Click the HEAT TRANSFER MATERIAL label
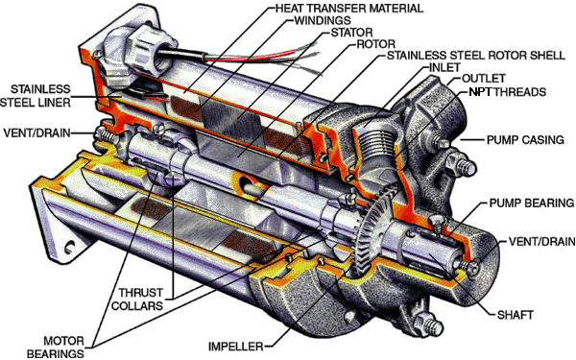[x=349, y=8]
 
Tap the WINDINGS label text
[x=323, y=20]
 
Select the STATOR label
[x=352, y=33]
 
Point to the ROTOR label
[x=376, y=44]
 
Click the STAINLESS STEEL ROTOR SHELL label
[x=476, y=56]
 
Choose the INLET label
[x=444, y=67]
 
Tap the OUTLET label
[x=484, y=79]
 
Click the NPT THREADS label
[x=508, y=91]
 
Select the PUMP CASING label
[x=525, y=140]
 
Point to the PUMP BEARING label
[x=532, y=203]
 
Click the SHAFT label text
[x=515, y=315]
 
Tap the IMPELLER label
[x=236, y=347]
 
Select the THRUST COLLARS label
[x=137, y=299]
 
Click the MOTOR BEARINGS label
[x=56, y=348]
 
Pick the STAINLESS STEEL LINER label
[x=36, y=95]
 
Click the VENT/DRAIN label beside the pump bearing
[x=541, y=241]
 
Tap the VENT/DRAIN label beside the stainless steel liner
[x=36, y=132]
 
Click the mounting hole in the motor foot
[x=70, y=247]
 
